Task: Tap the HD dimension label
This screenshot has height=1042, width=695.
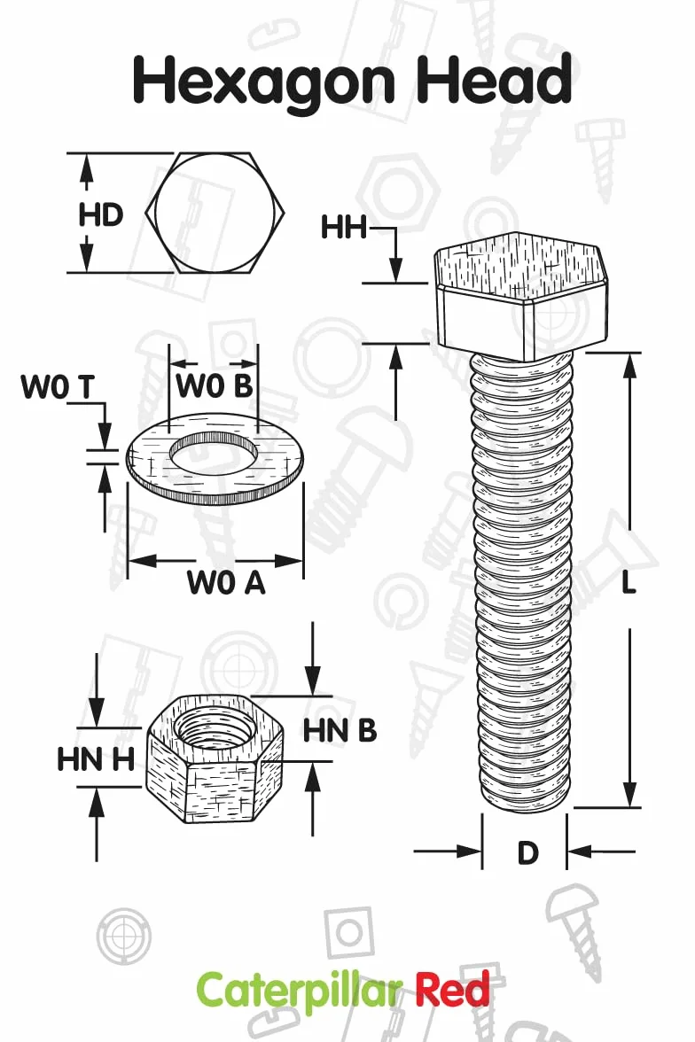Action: [x=101, y=214]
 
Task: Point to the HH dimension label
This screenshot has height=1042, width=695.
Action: [x=343, y=227]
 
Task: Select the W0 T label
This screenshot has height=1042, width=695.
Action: [x=58, y=386]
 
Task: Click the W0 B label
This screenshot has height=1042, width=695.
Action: [x=215, y=385]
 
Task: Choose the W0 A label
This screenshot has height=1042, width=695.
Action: [x=226, y=582]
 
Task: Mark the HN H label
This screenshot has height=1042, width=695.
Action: [x=97, y=759]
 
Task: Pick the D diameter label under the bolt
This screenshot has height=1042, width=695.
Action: [x=527, y=852]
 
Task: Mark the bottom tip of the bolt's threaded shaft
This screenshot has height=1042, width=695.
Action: [x=526, y=812]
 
